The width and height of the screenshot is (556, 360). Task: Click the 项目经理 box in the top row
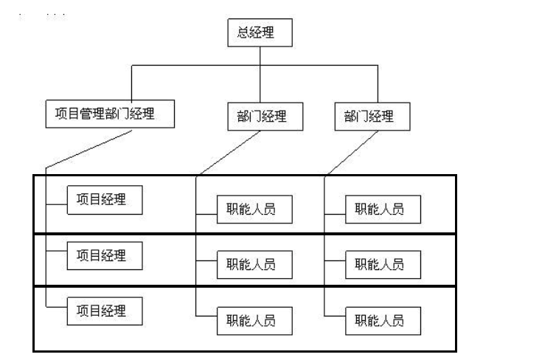click(x=105, y=199)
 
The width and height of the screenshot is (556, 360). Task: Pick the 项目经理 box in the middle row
click(x=105, y=256)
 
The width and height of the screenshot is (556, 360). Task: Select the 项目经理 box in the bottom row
click(x=105, y=311)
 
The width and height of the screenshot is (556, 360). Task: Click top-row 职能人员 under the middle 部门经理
click(x=254, y=209)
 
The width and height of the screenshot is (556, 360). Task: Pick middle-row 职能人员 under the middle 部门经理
click(x=254, y=265)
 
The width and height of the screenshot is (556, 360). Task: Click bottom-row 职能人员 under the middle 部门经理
click(x=254, y=320)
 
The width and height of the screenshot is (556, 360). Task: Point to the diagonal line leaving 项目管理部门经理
click(x=88, y=149)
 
